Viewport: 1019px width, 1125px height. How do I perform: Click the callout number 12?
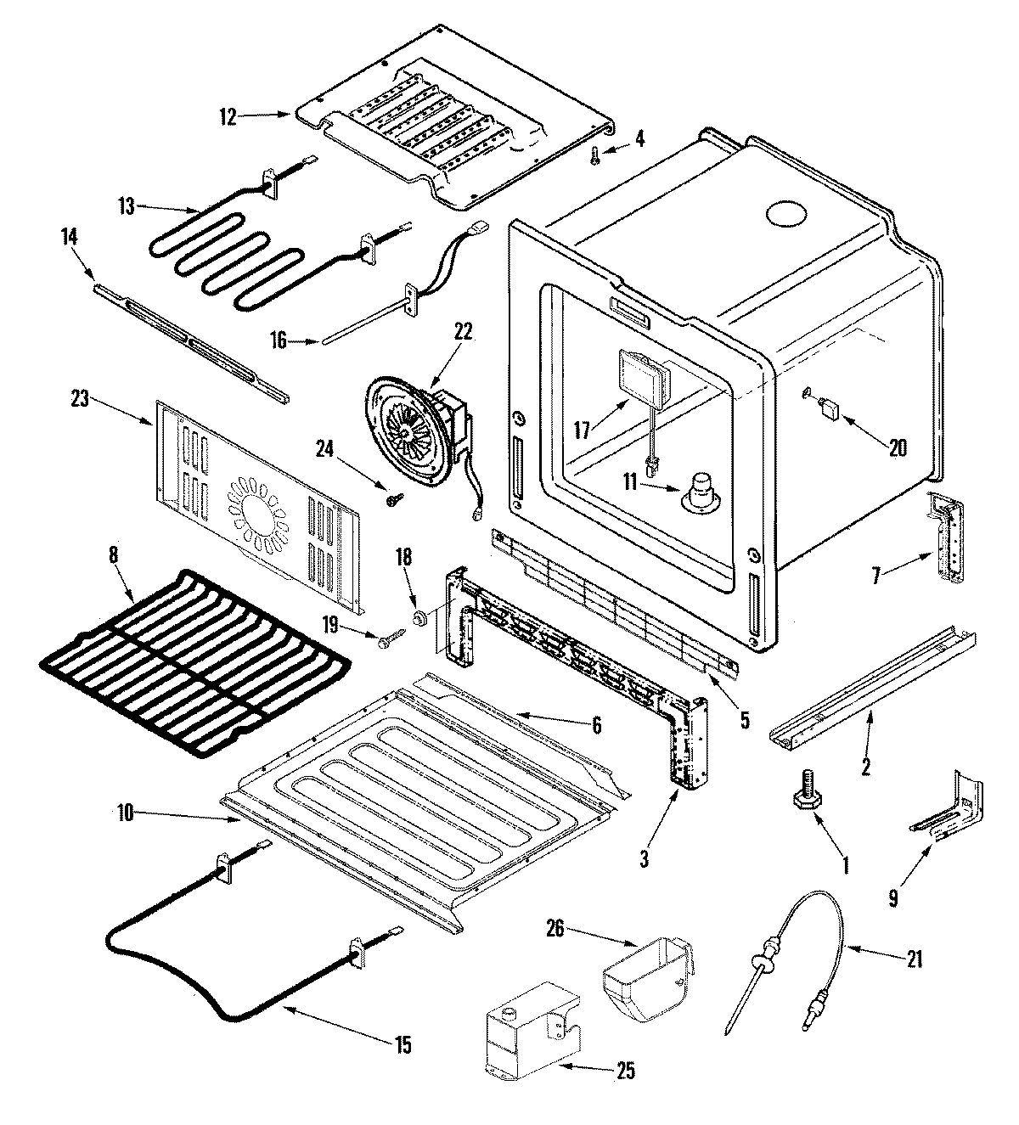click(x=228, y=117)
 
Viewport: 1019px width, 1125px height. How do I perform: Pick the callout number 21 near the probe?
click(x=914, y=959)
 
